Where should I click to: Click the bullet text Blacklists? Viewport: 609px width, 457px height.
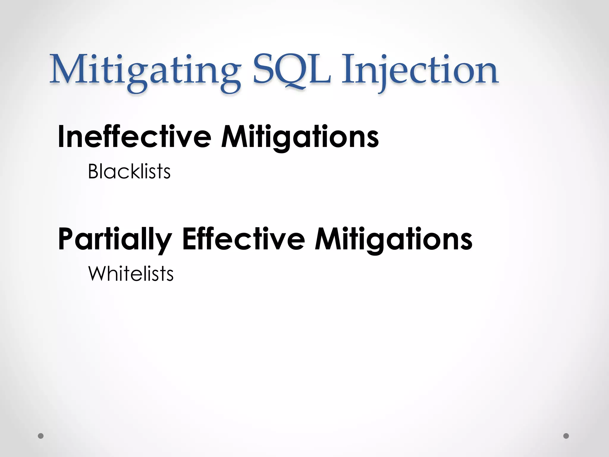[x=129, y=172]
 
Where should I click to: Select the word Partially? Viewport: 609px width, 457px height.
[x=115, y=240]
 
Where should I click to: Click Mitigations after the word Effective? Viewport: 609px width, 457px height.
[x=393, y=240]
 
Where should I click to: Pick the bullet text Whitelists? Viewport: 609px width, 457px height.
[x=131, y=273]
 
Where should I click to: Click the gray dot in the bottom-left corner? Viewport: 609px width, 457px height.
[x=41, y=436]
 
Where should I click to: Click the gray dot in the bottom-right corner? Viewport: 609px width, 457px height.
[x=566, y=436]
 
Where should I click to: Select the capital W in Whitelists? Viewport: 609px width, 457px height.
[x=97, y=273]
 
